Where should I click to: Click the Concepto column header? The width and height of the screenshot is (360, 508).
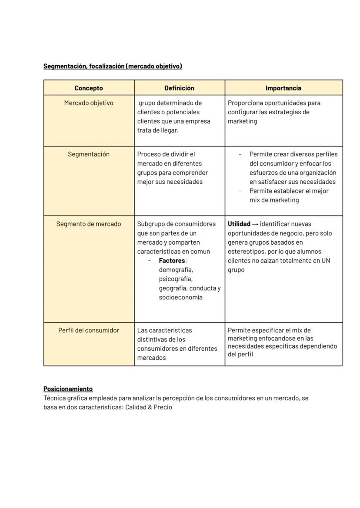[89, 88]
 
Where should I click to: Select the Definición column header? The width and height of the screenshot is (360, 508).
[179, 88]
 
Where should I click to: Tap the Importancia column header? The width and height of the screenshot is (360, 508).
[283, 88]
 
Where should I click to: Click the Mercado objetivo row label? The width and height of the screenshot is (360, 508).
[89, 103]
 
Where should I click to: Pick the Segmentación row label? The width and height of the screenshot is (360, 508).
[89, 154]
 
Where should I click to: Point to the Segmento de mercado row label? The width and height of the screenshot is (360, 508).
[89, 224]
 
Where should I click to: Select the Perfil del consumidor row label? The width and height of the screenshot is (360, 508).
[89, 330]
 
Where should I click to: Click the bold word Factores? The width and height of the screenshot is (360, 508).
[172, 261]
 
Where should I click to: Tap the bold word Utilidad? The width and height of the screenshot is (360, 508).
[239, 224]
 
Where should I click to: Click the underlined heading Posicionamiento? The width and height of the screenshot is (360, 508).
[68, 389]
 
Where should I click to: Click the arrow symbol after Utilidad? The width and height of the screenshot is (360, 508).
[255, 224]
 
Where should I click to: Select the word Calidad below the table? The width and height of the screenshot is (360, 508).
[136, 408]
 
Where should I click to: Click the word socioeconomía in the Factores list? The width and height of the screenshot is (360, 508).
[180, 298]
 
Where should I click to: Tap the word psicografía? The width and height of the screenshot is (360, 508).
[175, 279]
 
